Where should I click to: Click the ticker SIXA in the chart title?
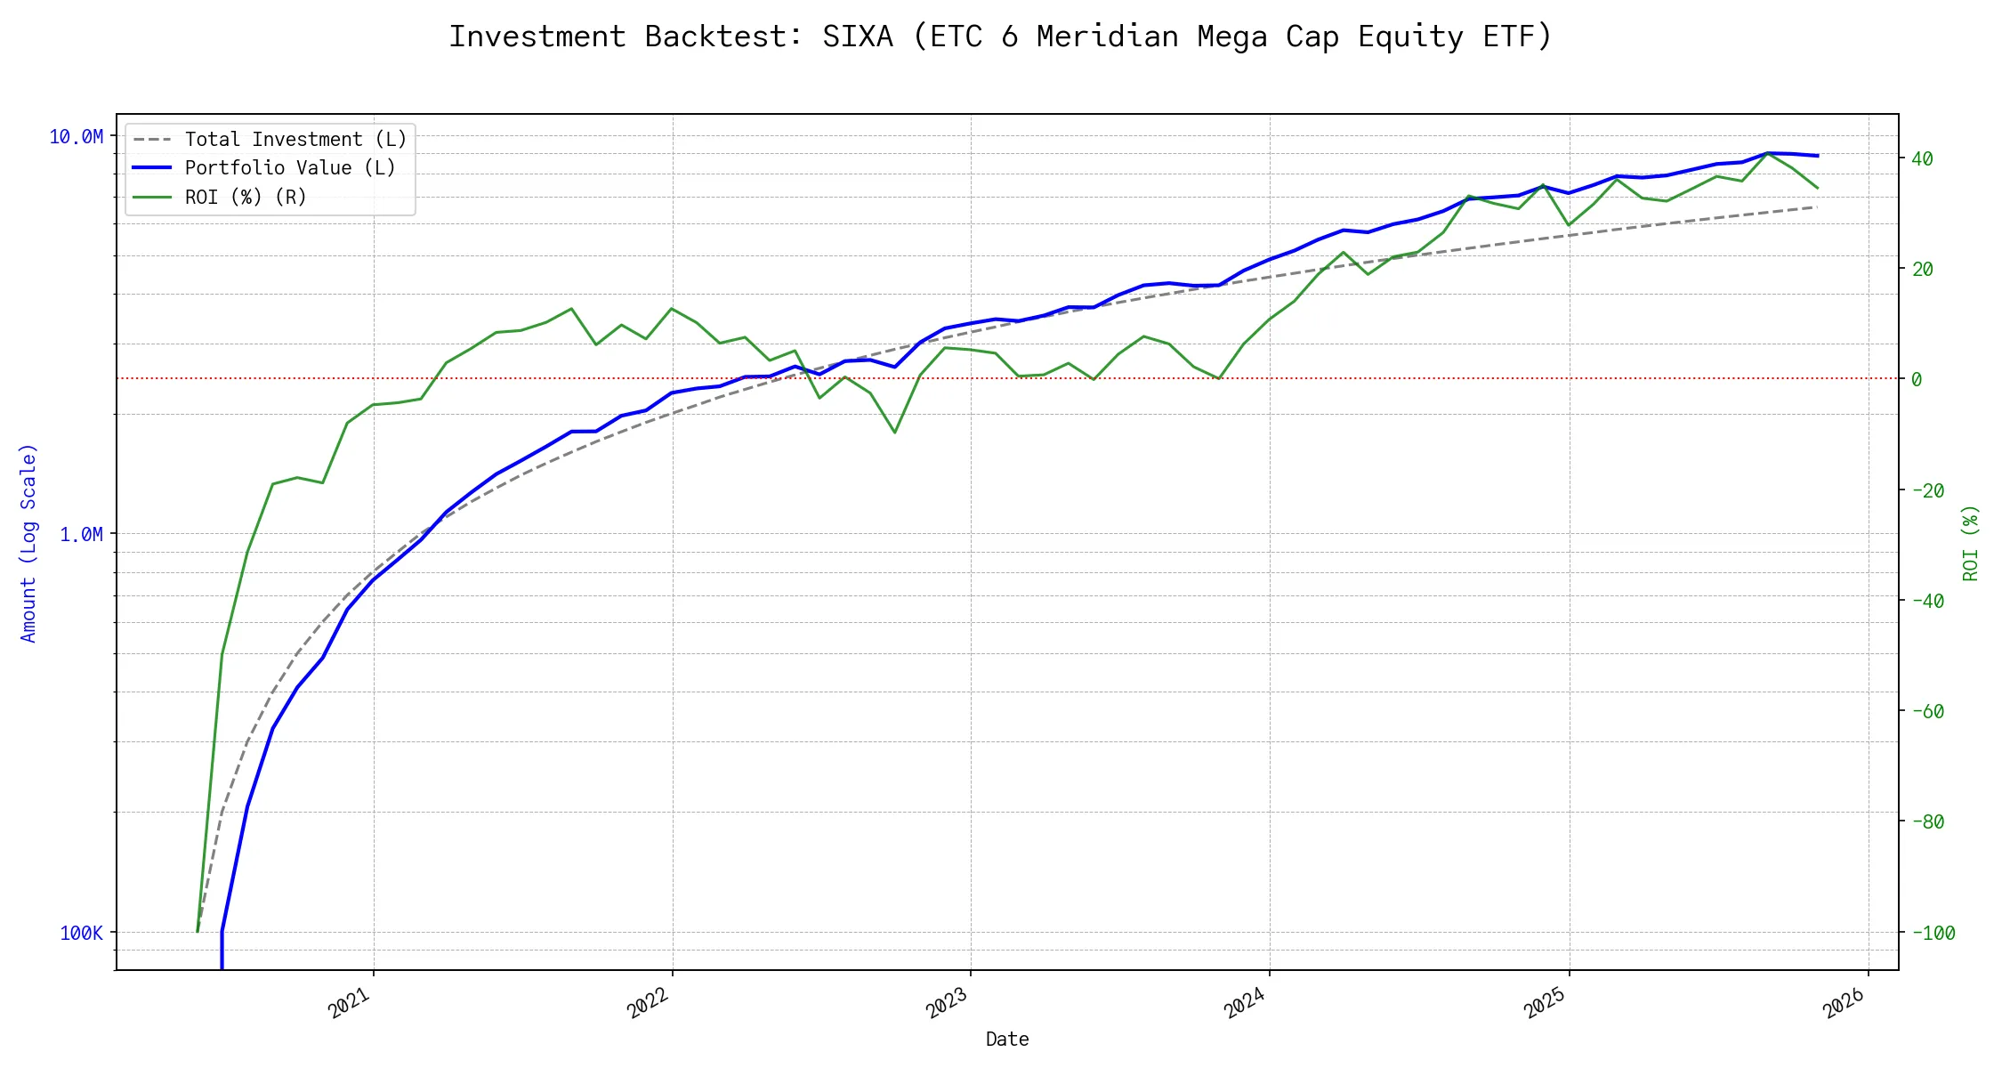[857, 36]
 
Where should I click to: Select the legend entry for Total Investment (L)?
[295, 140]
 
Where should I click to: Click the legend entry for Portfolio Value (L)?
[290, 168]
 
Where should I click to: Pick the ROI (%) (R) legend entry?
[246, 198]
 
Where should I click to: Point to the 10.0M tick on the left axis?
[76, 137]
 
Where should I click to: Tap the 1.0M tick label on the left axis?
[81, 535]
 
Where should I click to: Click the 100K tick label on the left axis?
[81, 933]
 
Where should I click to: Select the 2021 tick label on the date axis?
[350, 1003]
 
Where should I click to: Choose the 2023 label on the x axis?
[947, 1003]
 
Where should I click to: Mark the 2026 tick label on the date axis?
[1844, 1003]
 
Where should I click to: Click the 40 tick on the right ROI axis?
[1923, 159]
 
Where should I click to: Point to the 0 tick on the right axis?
[1917, 380]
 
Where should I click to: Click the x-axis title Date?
[1007, 1040]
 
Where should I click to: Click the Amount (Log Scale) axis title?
[28, 543]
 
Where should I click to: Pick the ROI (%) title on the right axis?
[1971, 543]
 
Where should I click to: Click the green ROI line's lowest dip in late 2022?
[895, 433]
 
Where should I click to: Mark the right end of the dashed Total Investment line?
[1817, 206]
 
